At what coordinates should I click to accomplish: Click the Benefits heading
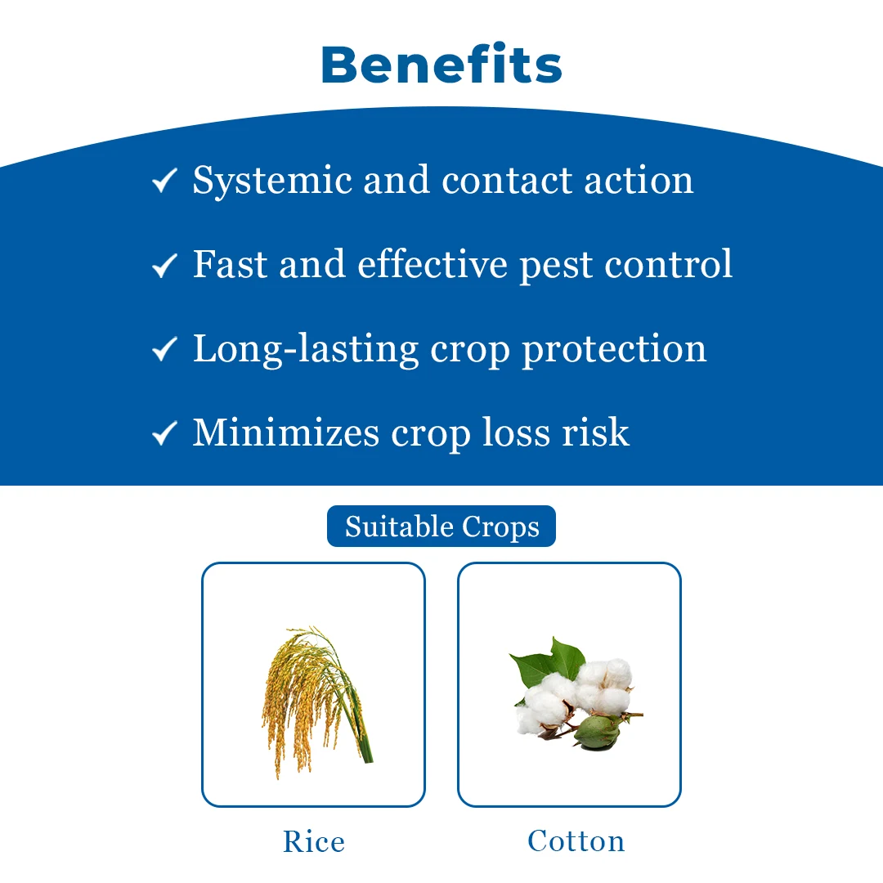(441, 65)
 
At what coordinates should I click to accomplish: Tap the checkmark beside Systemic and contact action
(164, 181)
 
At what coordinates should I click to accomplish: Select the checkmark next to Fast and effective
(164, 265)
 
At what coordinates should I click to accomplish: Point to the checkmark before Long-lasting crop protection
(164, 349)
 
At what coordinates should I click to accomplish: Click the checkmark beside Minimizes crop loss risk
(164, 433)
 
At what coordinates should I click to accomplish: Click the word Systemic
(272, 182)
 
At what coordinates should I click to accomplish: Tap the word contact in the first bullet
(507, 182)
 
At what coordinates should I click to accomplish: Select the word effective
(433, 264)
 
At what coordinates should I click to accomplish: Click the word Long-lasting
(306, 350)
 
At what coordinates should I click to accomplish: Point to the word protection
(614, 351)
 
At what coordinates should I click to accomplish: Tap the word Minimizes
(286, 433)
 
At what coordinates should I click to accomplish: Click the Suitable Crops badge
(441, 527)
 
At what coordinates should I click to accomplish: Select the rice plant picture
(316, 702)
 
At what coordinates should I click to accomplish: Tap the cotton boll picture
(576, 694)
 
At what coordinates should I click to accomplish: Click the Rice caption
(314, 842)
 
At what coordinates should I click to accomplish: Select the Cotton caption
(576, 841)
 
